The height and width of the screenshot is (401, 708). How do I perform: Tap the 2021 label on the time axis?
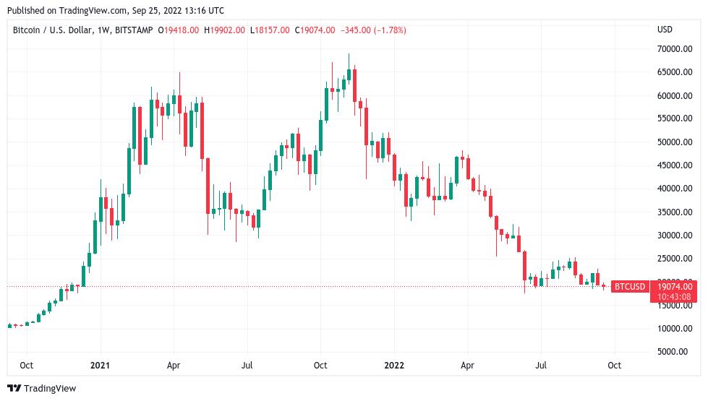pyautogui.click(x=99, y=366)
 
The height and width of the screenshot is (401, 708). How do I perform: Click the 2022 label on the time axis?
pyautogui.click(x=393, y=366)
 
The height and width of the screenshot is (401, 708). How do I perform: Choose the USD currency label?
pyautogui.click(x=664, y=30)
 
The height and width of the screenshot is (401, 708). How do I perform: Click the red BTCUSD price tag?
pyautogui.click(x=628, y=287)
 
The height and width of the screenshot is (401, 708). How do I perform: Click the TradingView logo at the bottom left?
pyautogui.click(x=41, y=389)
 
